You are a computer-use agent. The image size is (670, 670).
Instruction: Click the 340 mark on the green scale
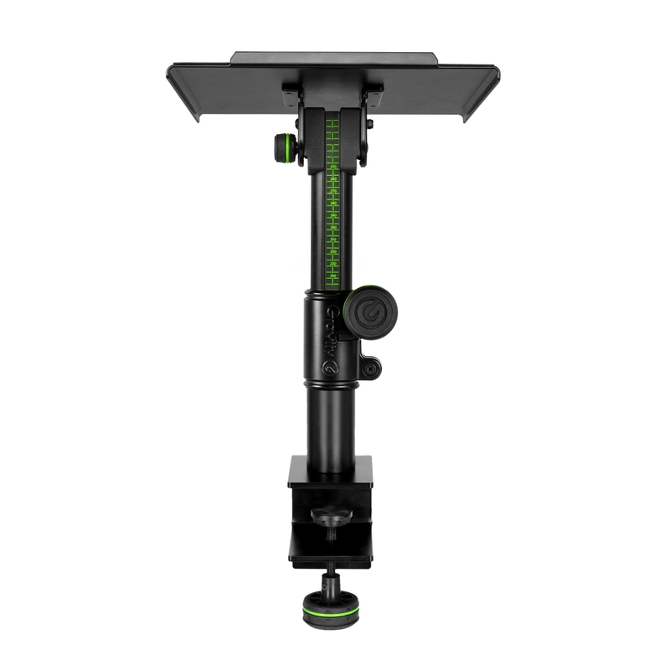(332, 275)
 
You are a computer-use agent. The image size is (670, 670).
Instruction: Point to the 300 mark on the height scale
(332, 227)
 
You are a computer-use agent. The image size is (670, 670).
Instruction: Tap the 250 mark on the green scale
(332, 167)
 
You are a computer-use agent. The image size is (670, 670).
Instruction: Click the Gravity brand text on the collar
(331, 329)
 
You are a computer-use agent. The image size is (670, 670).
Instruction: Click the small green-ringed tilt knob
(285, 149)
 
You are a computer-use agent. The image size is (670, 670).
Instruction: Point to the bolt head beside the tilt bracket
(370, 124)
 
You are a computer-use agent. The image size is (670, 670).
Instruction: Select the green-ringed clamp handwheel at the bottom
(327, 609)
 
